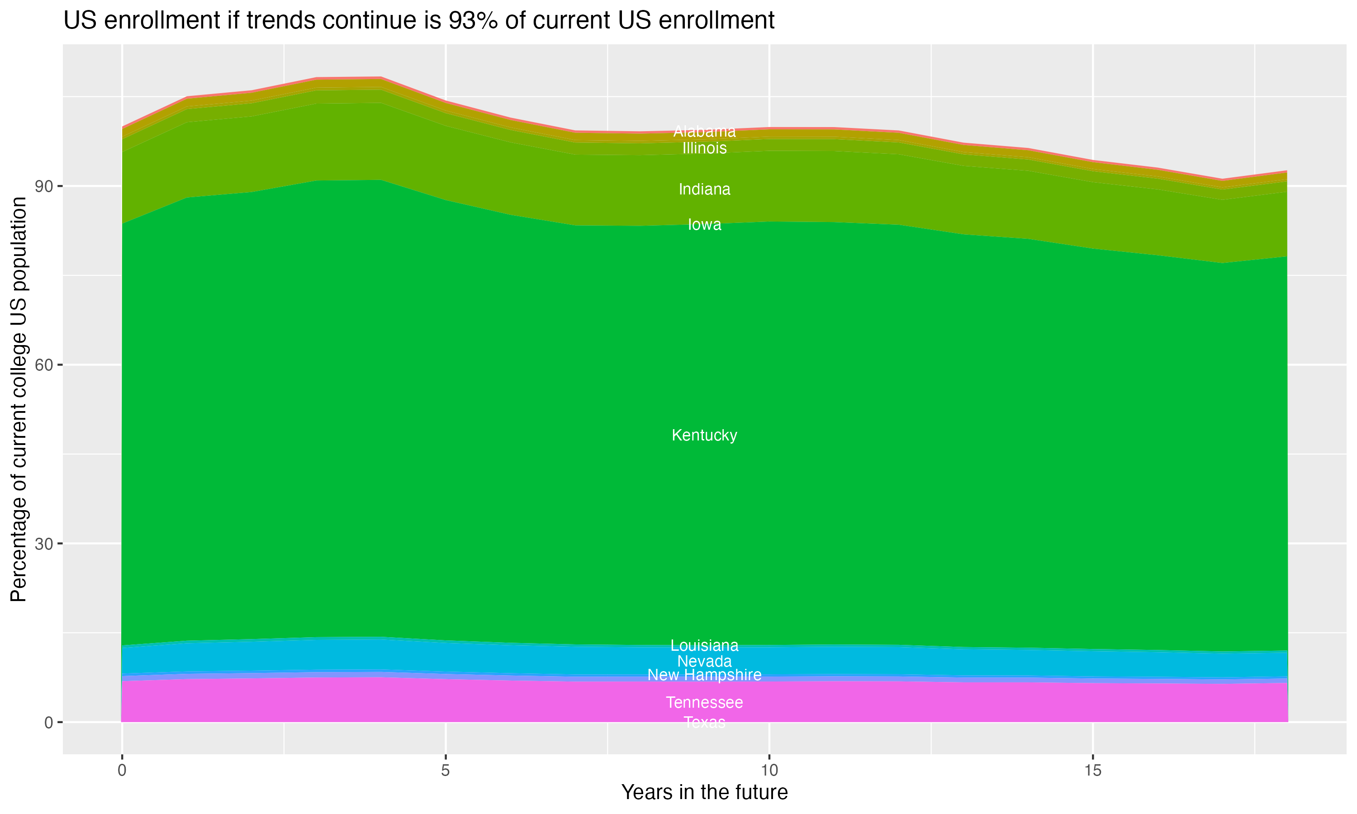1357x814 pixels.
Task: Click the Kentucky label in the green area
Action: click(704, 435)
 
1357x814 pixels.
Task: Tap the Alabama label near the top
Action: click(704, 132)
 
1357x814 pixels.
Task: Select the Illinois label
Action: click(704, 148)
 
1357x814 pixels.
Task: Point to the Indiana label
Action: click(704, 189)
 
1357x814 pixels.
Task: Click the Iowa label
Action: click(704, 224)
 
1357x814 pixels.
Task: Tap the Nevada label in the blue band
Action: click(704, 661)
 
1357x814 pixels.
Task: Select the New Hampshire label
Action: click(704, 675)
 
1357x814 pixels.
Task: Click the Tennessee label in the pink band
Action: click(704, 702)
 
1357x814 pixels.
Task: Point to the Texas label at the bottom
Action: click(704, 722)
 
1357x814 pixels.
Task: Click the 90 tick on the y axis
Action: click(44, 186)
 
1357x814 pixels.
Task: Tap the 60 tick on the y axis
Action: click(44, 365)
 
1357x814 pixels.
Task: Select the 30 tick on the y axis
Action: click(44, 544)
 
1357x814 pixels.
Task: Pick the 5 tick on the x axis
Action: click(446, 771)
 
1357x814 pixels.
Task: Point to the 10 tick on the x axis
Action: click(769, 771)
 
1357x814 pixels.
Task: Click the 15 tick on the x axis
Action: click(1093, 771)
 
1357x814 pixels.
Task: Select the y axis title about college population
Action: click(19, 399)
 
